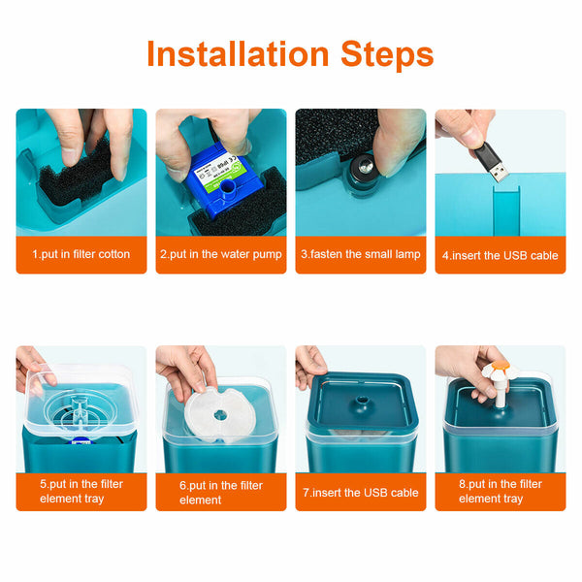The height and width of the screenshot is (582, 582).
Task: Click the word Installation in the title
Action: (238, 54)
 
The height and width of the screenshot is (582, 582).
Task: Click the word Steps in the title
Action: (387, 54)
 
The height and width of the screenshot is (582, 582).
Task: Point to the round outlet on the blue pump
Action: (227, 187)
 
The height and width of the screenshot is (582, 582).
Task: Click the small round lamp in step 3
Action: (361, 170)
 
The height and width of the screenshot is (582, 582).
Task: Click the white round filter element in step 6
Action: (220, 415)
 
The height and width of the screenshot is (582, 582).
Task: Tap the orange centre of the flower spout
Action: (500, 367)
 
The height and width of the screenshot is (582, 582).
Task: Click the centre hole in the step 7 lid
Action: (362, 400)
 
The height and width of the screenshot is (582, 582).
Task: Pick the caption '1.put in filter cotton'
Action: (81, 254)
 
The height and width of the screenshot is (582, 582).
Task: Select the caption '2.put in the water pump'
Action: (221, 254)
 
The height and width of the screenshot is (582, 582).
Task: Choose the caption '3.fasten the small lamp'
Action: (361, 254)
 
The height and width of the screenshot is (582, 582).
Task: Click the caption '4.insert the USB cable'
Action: (500, 255)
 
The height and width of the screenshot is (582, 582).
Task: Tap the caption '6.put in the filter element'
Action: (221, 493)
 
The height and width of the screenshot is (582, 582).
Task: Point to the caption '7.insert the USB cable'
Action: (361, 493)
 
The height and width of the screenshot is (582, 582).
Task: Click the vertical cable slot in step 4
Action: (506, 210)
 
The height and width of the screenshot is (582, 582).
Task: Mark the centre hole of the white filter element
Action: (220, 415)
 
